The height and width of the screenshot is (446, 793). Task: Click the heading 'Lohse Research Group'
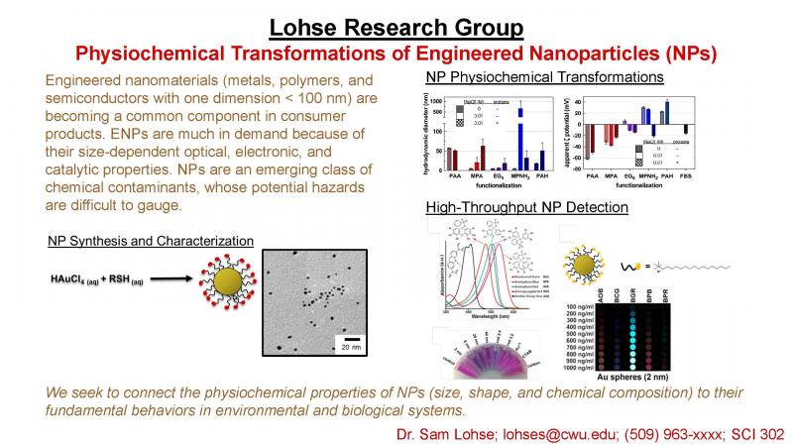pos(396,22)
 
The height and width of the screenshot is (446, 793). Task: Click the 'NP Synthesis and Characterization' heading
pos(150,241)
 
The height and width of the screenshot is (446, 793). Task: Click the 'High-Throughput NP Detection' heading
pos(525,207)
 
